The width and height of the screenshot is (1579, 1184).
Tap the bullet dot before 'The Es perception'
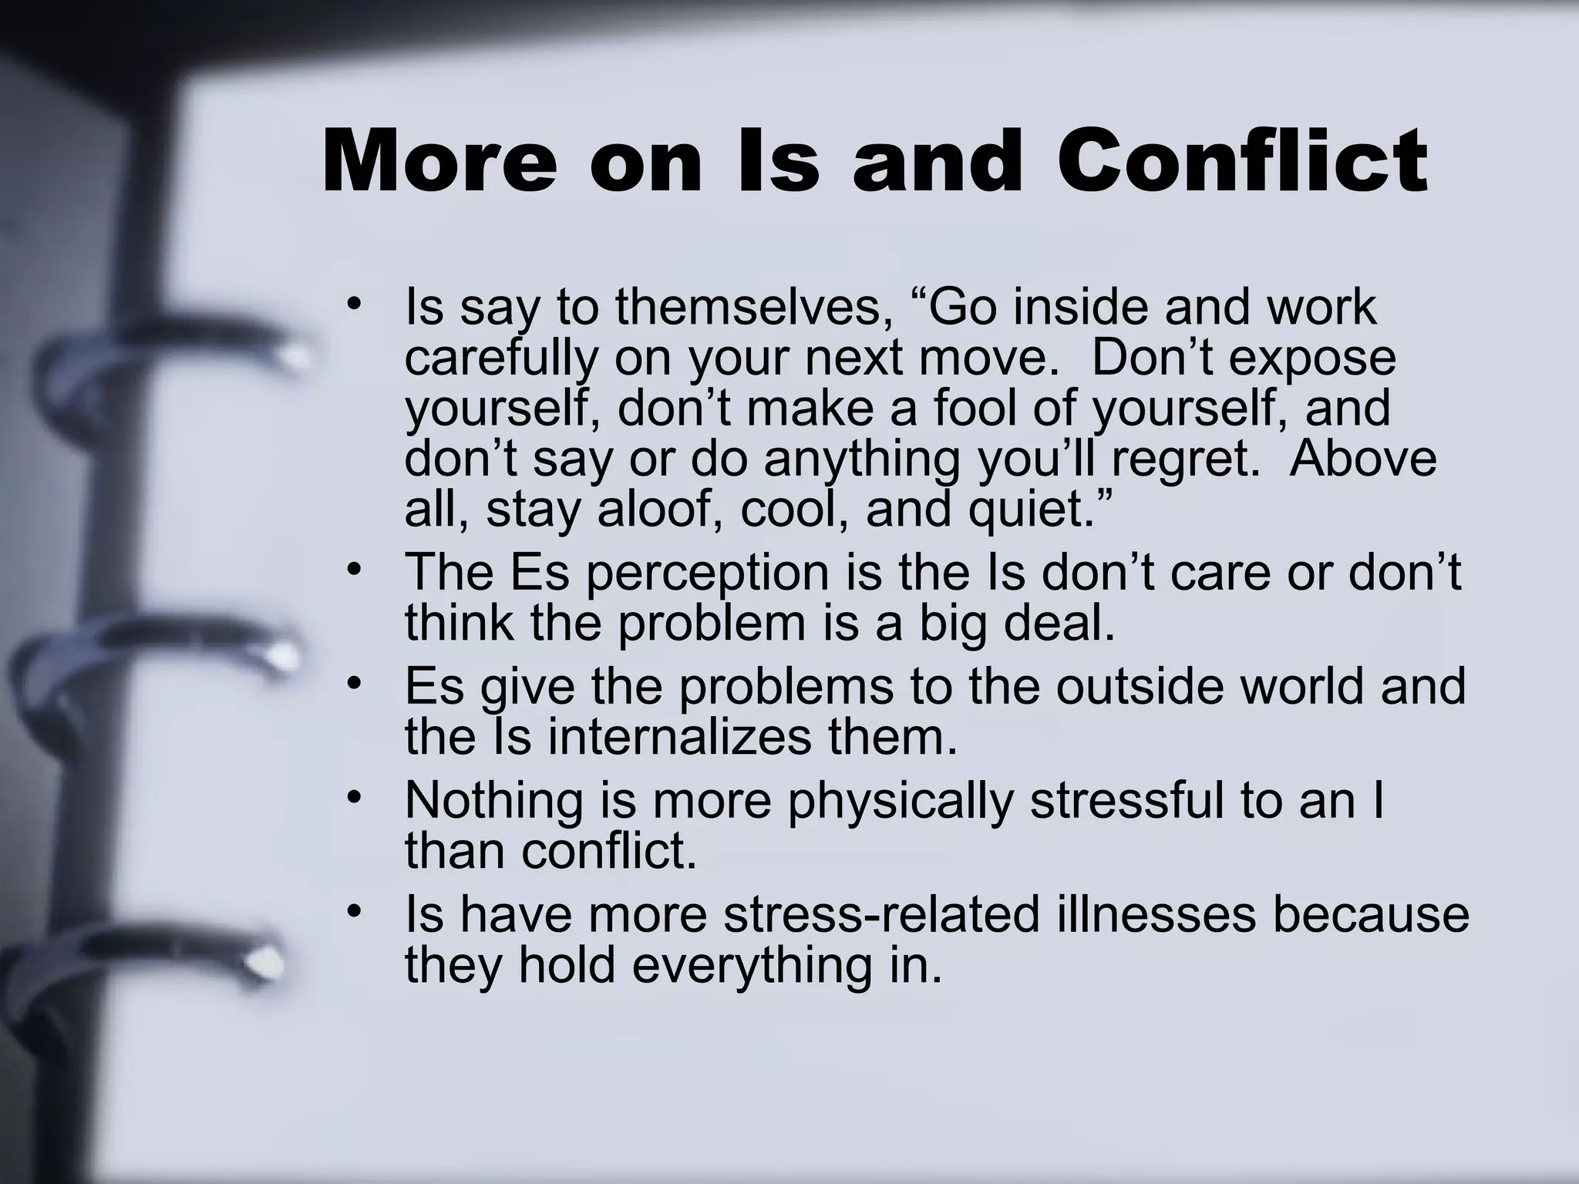pyautogui.click(x=353, y=570)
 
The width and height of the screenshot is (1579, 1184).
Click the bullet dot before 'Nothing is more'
pyautogui.click(x=353, y=798)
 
